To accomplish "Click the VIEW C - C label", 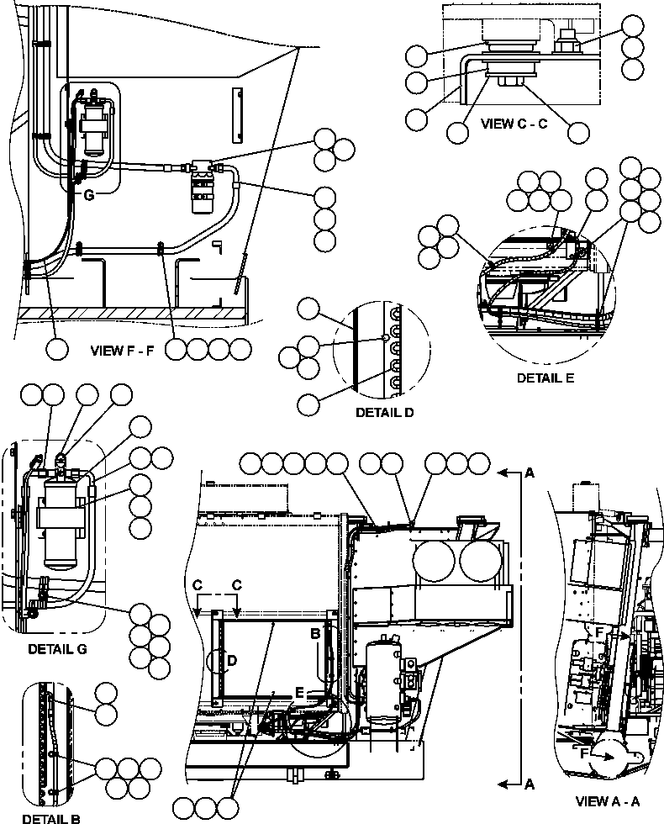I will coord(514,123).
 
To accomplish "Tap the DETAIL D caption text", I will coord(383,413).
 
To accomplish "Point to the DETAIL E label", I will coord(545,378).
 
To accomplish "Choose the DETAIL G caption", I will coord(56,648).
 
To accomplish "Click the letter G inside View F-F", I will coord(88,195).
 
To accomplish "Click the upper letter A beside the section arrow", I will coord(530,474).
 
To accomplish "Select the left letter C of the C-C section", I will coord(197,584).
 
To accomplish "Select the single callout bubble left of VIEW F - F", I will coord(57,349).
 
